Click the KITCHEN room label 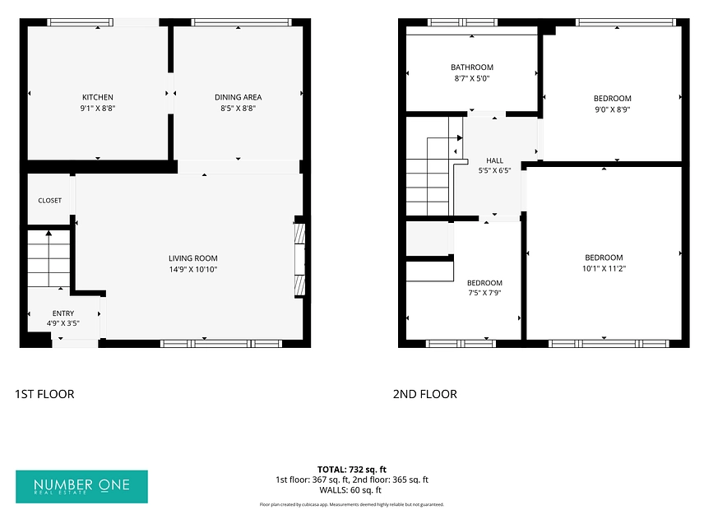[97, 97]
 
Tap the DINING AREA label [238, 97]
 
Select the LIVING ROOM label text [193, 258]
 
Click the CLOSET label [50, 201]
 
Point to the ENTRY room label [63, 313]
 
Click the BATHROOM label [472, 67]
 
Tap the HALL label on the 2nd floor [495, 160]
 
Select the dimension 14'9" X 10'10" [193, 269]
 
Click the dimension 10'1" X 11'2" [604, 268]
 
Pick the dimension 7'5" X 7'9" [484, 293]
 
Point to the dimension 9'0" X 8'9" [613, 109]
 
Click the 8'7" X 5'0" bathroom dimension [472, 78]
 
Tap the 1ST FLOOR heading [44, 394]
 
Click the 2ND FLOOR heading [424, 394]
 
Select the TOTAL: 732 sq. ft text [351, 470]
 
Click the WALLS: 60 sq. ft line [350, 489]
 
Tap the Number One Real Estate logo [81, 487]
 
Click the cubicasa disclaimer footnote [351, 504]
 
